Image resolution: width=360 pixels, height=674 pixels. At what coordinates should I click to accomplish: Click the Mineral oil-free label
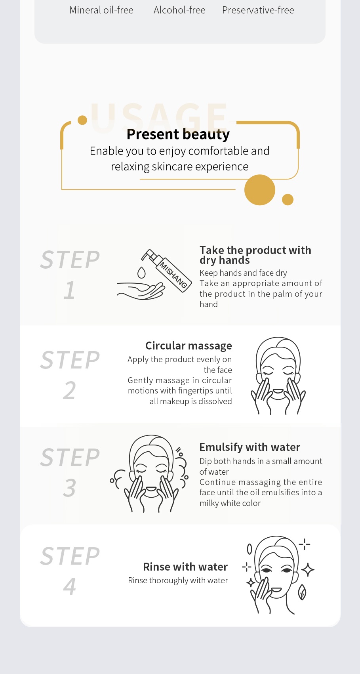[101, 10]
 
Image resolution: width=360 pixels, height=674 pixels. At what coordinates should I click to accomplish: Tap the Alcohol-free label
[179, 10]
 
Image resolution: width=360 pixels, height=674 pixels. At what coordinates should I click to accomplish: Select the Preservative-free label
[258, 10]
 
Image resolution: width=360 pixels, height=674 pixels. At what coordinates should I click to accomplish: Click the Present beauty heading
[178, 134]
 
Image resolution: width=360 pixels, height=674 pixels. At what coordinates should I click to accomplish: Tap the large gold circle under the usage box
[260, 190]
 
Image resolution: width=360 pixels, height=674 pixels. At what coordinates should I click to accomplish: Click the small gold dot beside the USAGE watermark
[82, 120]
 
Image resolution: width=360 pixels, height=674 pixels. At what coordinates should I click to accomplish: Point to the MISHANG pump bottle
[167, 270]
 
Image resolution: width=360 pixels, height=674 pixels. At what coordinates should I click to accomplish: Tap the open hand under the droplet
[141, 291]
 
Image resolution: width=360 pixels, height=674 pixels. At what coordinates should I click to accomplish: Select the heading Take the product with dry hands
[255, 255]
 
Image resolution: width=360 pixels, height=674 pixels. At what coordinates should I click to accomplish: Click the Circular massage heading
[189, 346]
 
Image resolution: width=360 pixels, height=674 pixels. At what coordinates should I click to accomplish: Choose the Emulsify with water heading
[250, 447]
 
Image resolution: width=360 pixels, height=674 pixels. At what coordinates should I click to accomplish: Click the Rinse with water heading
[185, 567]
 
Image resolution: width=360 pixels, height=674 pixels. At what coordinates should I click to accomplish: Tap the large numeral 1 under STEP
[69, 290]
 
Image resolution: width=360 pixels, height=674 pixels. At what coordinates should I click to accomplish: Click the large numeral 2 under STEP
[69, 391]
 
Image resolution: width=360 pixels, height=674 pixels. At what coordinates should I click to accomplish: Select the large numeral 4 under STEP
[69, 586]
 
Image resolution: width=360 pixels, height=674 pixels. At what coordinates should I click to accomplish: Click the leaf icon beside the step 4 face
[302, 592]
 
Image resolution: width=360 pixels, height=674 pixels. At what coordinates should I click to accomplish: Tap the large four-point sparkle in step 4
[308, 569]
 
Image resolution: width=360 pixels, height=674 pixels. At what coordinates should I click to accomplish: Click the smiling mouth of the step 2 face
[278, 391]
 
